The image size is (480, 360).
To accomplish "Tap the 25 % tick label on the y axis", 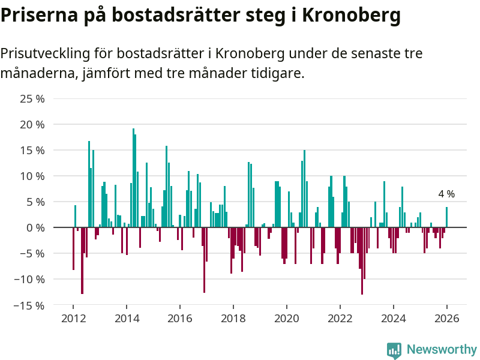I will (32, 99).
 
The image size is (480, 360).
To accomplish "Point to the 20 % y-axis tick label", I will (32, 125).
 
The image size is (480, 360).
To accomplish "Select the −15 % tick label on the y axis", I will (30, 305).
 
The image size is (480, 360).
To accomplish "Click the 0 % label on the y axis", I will (35, 228).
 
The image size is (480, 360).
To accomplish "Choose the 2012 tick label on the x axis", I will (73, 318).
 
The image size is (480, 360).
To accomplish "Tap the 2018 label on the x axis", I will (233, 318).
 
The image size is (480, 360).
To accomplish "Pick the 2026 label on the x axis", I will (446, 318).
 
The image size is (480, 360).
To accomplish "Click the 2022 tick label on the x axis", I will (340, 318).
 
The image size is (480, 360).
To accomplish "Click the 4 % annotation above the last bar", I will (446, 194).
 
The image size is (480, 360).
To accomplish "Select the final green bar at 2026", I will (446, 217).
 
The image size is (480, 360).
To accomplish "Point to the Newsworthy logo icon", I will (394, 350).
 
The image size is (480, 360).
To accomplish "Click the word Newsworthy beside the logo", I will (442, 349).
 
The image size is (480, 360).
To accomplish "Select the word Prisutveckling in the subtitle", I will (45, 53).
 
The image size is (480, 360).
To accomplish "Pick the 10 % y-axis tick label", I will (32, 176).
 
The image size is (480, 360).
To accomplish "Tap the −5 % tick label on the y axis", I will (32, 254).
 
